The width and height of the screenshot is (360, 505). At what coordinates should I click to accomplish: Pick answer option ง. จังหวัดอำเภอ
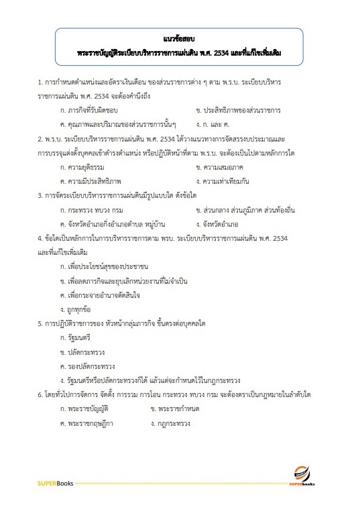coord(217,224)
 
